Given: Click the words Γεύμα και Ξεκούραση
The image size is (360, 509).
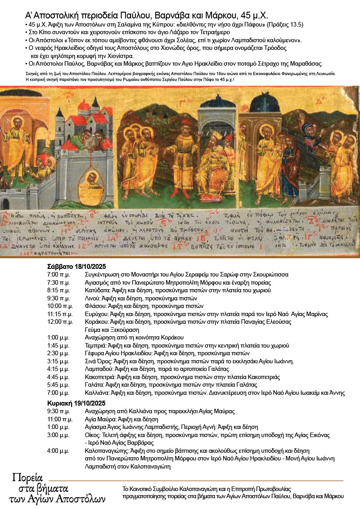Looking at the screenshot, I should (x=111, y=330).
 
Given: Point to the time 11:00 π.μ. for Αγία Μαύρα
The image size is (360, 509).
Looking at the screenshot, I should (x=60, y=419).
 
